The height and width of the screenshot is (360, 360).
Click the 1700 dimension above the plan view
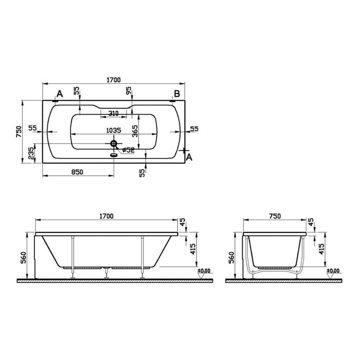tap(113, 80)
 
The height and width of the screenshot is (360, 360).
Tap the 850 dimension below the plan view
tap(76, 172)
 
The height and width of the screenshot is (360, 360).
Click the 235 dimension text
tap(32, 153)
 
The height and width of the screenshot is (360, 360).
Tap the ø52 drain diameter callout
tap(127, 150)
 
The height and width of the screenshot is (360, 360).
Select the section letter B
tap(176, 94)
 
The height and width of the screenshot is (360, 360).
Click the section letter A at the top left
tap(59, 94)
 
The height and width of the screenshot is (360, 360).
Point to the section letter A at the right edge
tap(189, 157)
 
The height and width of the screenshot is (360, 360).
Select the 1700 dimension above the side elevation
tap(106, 217)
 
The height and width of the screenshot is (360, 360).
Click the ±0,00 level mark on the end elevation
tap(333, 271)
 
